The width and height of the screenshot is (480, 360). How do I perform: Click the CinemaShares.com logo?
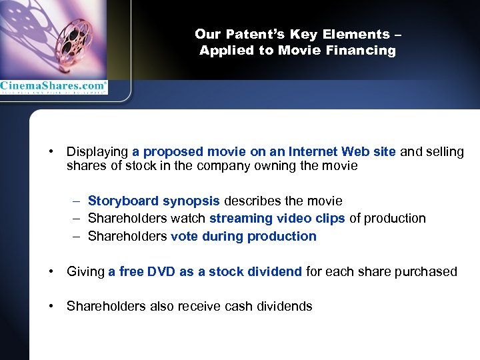[x=53, y=87]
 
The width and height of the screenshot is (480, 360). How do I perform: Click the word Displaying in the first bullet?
[x=97, y=152]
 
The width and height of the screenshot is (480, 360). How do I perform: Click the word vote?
[x=184, y=236]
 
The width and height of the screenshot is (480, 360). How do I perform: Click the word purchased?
[x=429, y=271]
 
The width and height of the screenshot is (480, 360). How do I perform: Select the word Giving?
[x=86, y=271]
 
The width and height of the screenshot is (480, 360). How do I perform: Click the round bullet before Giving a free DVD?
[x=51, y=271]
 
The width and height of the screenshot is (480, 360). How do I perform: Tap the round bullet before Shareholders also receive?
[x=51, y=307]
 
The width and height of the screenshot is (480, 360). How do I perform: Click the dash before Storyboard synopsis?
[x=78, y=201]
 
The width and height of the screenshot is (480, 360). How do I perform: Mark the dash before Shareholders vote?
[x=78, y=236]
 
